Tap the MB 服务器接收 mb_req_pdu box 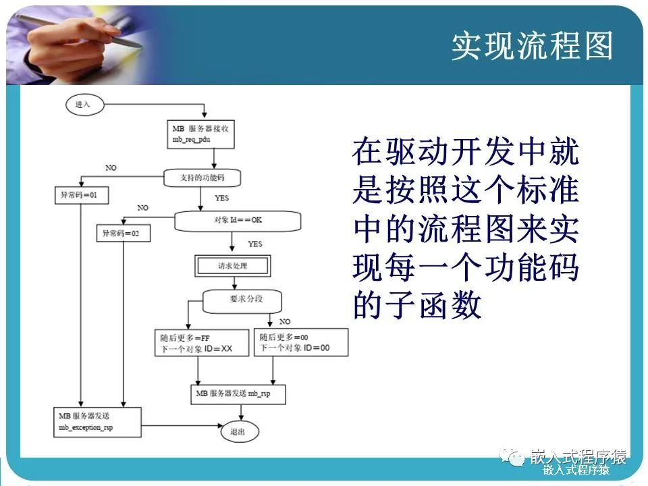tap(200, 134)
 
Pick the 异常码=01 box tap(80, 195)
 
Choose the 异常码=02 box tap(123, 233)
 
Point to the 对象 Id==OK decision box tap(237, 220)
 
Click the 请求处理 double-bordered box tap(232, 265)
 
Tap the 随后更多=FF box tap(196, 342)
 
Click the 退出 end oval tap(238, 431)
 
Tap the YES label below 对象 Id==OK tap(254, 244)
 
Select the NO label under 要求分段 tap(285, 321)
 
